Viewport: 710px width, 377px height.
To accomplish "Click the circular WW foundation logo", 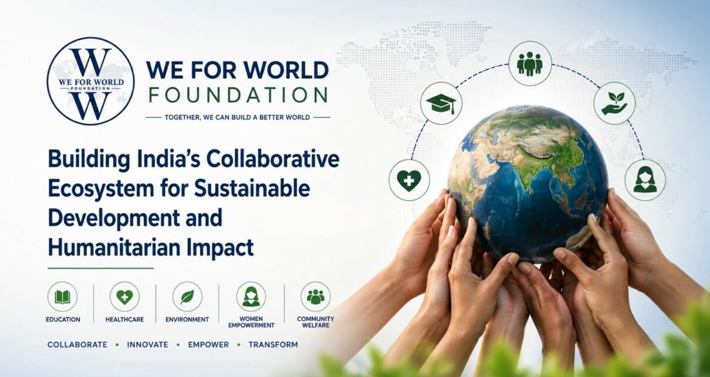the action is [90, 81].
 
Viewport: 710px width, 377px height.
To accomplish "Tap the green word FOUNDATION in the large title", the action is [238, 95].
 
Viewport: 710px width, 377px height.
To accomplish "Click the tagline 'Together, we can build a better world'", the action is [238, 117].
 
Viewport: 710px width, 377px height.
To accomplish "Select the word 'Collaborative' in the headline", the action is [273, 159].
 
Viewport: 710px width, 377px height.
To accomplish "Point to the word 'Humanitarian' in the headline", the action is [114, 248].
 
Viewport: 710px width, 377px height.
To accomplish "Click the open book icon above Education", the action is [62, 297].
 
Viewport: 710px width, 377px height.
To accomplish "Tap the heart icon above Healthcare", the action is [124, 297].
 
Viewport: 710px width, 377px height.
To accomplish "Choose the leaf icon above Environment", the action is [187, 297].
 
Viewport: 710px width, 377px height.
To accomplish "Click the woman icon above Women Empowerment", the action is [251, 297].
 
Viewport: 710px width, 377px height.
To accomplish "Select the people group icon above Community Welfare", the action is [316, 297].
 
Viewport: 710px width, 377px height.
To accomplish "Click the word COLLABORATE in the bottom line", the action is [77, 345].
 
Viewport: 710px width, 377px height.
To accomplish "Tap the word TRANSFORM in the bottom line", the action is [273, 345].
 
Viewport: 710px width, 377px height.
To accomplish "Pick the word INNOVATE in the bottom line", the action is [148, 345].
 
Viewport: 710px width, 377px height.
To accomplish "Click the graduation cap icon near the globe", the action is [441, 103].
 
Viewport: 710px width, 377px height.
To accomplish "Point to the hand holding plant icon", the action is [614, 103].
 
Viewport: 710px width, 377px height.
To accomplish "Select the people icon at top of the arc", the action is [530, 63].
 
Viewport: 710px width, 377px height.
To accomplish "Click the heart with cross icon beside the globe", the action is [409, 180].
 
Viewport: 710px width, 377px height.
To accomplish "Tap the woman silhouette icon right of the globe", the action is [645, 180].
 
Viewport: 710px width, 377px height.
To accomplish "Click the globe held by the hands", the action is [528, 184].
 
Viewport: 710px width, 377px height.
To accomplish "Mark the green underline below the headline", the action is [101, 268].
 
